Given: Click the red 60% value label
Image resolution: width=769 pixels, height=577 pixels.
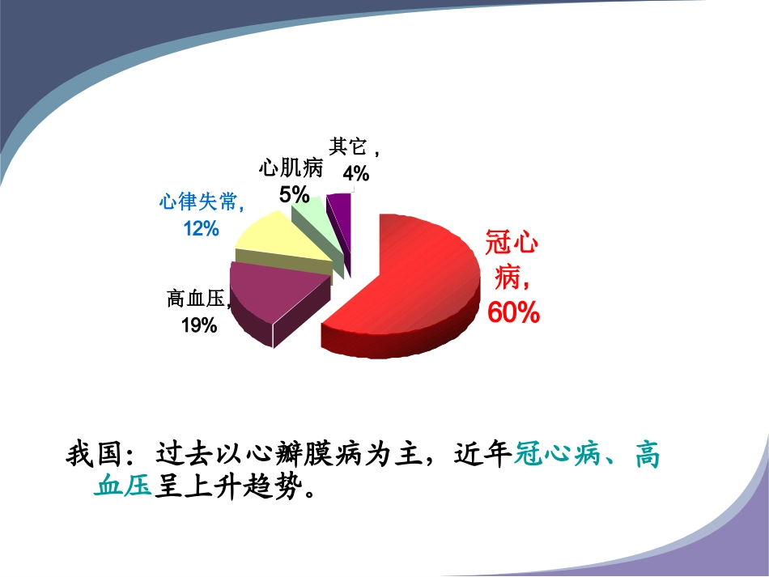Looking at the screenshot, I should pos(513,313).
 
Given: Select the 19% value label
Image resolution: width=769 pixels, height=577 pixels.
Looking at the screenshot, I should pos(198,325).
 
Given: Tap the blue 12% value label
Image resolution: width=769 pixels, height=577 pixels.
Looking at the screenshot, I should pos(201,229).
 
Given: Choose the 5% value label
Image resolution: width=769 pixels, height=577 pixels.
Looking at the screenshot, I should pos(294,195).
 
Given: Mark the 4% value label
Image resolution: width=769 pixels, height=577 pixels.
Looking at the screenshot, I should pos(355,173).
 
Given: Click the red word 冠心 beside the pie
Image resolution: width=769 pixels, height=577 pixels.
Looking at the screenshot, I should pos(512,244).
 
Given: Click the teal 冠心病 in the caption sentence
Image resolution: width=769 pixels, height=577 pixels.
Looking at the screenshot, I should pos(559,455).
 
